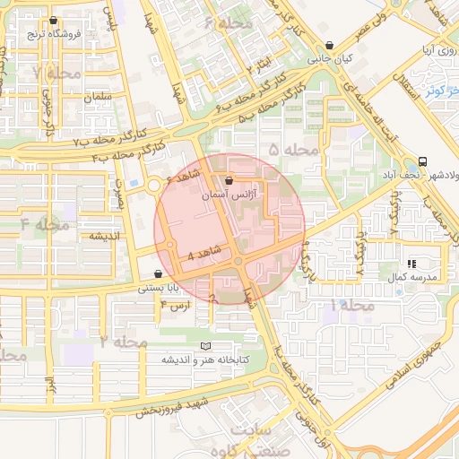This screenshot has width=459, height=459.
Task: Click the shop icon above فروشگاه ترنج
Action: [x=54, y=21]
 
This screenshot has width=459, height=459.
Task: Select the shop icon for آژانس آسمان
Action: [x=229, y=179]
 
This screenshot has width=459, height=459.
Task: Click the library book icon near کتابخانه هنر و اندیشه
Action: [x=206, y=345]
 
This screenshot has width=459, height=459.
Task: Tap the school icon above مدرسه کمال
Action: [x=411, y=264]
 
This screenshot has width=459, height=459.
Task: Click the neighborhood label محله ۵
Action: [x=294, y=149]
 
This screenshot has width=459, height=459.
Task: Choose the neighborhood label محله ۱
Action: [x=340, y=306]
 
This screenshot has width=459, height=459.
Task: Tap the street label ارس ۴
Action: [x=175, y=306]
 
